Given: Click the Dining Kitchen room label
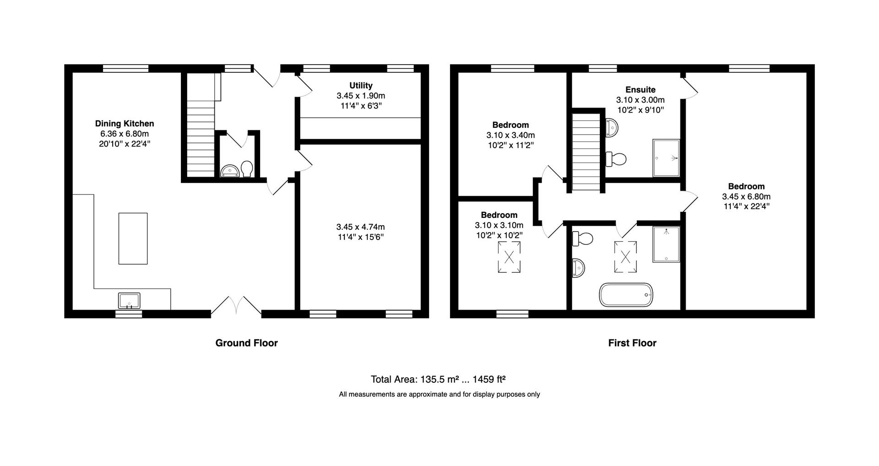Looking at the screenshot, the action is [x=125, y=124].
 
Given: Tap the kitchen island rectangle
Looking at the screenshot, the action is [x=133, y=238].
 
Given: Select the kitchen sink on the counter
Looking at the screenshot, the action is [x=130, y=301].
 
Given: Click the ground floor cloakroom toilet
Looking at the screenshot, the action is [x=247, y=168].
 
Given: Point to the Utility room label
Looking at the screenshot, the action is [x=361, y=86].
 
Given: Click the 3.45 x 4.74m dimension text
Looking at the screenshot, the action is [x=360, y=227].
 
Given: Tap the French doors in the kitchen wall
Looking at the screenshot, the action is [x=236, y=305].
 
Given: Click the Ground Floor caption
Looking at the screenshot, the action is [x=247, y=343].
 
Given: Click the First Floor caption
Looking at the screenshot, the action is [x=632, y=343].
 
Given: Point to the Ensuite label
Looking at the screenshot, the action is [x=640, y=90].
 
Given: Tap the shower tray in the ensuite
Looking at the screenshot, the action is [x=666, y=158].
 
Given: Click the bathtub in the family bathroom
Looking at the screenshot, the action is [x=626, y=295].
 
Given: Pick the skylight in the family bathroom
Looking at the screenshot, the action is [x=625, y=257].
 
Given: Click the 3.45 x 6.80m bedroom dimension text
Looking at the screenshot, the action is [x=746, y=196].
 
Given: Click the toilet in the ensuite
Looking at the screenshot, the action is [x=616, y=159].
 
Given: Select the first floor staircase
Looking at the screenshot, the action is [x=586, y=152].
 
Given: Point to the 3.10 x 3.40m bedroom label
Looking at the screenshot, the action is [x=510, y=125].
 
